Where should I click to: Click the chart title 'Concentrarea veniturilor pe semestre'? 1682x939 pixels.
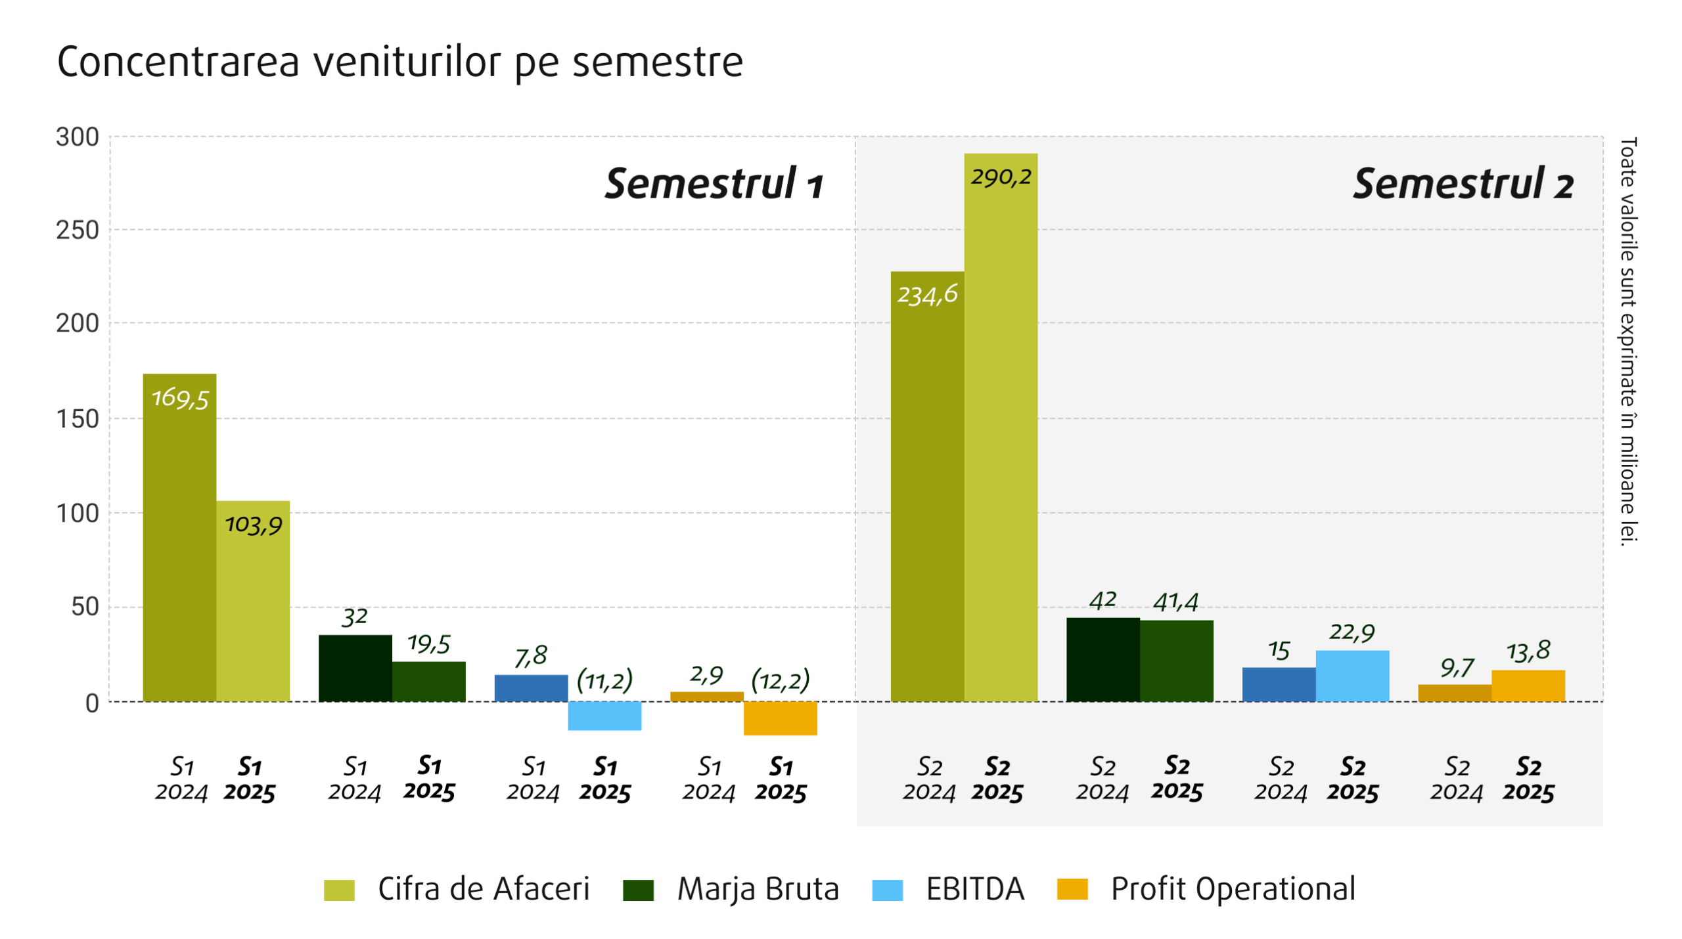(399, 62)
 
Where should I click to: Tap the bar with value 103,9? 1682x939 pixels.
(253, 601)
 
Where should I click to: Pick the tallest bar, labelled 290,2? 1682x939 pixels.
(1000, 427)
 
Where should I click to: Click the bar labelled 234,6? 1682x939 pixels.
(926, 486)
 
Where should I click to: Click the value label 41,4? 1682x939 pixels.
(1175, 601)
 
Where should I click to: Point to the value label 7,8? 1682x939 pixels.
(530, 655)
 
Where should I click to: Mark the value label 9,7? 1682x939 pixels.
(1457, 668)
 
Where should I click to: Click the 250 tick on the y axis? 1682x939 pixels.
(78, 230)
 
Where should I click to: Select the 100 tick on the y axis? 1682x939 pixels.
(78, 513)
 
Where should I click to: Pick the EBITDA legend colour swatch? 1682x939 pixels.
(886, 890)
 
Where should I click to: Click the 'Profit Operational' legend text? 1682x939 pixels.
(1233, 888)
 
